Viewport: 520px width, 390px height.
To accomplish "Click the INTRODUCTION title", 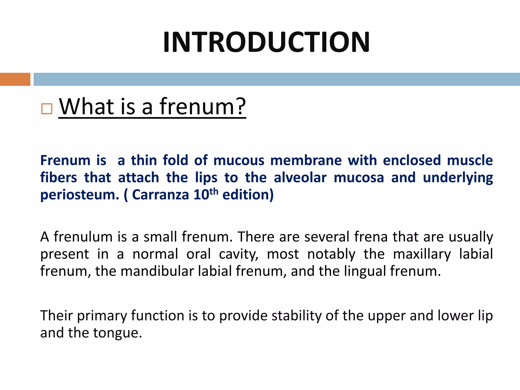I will pyautogui.click(x=266, y=42).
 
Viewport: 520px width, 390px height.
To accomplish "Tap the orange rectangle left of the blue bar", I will pyautogui.click(x=15, y=79).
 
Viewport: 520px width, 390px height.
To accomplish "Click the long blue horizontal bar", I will pyautogui.click(x=277, y=79).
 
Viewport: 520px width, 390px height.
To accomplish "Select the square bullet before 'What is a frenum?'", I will pyautogui.click(x=47, y=109).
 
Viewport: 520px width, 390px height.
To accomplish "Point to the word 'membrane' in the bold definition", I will pyautogui.click(x=306, y=161).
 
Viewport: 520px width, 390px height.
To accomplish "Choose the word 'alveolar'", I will pyautogui.click(x=300, y=178).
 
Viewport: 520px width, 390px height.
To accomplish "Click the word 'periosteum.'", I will pyautogui.click(x=80, y=195).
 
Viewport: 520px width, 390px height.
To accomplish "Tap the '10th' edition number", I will pyautogui.click(x=206, y=194).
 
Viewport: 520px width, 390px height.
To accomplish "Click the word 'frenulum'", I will pyautogui.click(x=83, y=237).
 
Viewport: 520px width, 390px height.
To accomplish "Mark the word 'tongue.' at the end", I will pyautogui.click(x=118, y=333).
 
